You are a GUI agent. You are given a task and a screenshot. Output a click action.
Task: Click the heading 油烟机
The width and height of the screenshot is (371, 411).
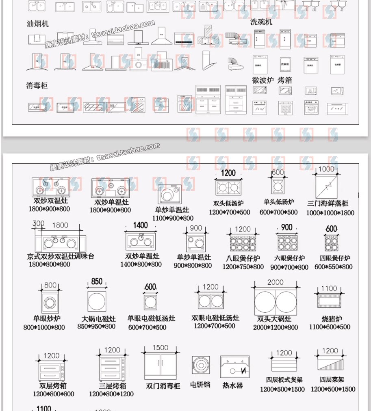pos(38,24)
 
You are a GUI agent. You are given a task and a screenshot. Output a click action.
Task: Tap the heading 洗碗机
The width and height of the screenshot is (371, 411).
pos(261,22)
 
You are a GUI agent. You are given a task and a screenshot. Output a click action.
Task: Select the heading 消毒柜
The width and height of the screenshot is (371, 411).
pos(37,85)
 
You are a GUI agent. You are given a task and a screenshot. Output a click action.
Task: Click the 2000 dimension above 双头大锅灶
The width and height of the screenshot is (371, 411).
pos(275,282)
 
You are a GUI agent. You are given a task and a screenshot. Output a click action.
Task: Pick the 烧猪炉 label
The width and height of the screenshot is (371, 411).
pos(329,318)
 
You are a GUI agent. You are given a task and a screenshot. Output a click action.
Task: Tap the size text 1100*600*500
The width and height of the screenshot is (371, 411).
pos(329,327)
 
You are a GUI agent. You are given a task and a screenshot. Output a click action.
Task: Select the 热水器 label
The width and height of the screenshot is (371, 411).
pos(232,385)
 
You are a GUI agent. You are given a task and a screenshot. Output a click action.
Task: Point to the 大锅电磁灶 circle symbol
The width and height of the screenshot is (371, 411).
pos(97,301)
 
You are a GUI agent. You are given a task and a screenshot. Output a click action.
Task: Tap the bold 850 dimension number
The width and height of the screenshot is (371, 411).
pos(97,281)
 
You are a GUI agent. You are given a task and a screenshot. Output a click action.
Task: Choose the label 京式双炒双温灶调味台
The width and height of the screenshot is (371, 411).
pos(61,256)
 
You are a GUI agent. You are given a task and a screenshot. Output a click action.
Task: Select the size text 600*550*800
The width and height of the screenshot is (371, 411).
pos(333,267)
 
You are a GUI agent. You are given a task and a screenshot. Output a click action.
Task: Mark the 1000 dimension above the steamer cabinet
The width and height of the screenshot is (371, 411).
pos(326,169)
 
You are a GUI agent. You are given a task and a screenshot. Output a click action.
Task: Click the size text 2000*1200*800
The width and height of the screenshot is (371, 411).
pos(275,327)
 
